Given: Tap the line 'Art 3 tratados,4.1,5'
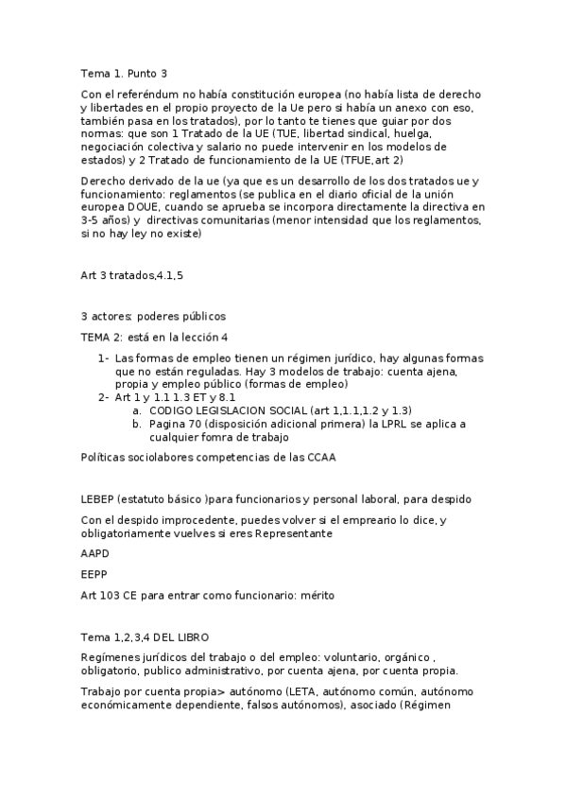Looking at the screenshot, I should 132,274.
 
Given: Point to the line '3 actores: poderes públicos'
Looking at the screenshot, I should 153,316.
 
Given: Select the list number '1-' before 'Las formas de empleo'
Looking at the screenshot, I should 103,358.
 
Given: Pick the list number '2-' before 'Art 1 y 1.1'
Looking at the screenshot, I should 103,397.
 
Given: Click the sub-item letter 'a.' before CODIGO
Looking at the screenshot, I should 137,410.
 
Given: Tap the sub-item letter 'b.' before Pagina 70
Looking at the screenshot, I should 137,424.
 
